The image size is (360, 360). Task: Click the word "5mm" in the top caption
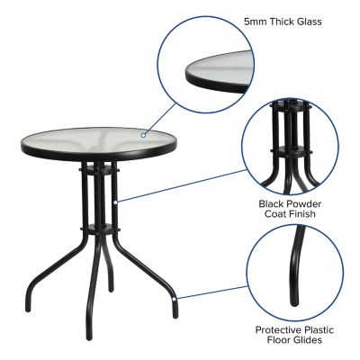(254, 21)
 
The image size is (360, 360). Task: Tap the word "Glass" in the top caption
(306, 21)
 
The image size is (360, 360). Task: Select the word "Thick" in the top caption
(281, 21)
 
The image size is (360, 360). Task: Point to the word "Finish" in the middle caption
(308, 214)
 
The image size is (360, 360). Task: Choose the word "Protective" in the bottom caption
(275, 328)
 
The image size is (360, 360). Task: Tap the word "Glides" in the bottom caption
(307, 339)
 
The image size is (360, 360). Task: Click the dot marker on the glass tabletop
(143, 134)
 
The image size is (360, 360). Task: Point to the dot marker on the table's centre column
(116, 200)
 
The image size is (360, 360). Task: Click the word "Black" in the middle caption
(271, 203)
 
